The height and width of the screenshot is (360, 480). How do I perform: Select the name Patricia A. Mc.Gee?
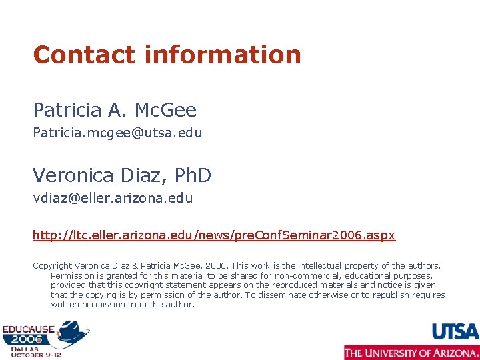115,109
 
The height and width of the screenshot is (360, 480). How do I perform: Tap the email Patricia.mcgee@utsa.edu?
117,133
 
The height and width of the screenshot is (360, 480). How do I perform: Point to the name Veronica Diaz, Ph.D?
122,175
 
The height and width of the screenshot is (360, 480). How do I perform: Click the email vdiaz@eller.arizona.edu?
113,198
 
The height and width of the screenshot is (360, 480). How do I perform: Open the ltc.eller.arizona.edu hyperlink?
214,235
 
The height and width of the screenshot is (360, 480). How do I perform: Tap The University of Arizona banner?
411,352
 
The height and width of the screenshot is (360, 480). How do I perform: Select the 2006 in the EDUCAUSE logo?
24,339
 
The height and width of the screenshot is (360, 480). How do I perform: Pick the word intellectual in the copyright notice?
349,266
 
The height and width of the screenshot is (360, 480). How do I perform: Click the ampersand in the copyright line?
152,266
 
